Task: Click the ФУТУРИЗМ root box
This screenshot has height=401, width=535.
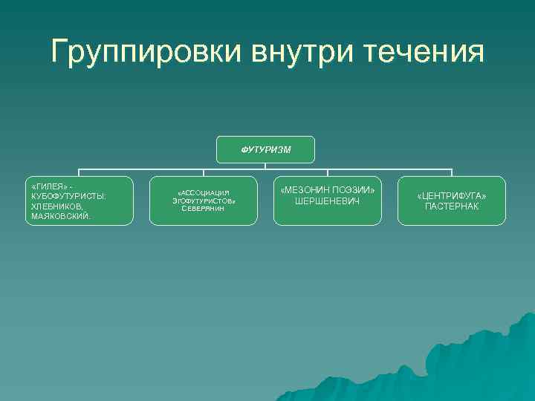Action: click(x=266, y=149)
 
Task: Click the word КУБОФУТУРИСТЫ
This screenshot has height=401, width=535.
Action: click(x=68, y=195)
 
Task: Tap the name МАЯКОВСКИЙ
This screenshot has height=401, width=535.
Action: click(x=60, y=216)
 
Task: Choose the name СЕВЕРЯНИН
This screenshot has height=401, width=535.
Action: click(x=203, y=209)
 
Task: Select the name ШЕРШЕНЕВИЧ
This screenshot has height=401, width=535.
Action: click(x=328, y=201)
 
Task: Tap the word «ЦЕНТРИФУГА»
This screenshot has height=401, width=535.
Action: click(x=452, y=195)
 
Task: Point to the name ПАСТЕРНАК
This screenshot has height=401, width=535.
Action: click(x=452, y=206)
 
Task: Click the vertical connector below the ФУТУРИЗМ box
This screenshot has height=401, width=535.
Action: click(x=266, y=166)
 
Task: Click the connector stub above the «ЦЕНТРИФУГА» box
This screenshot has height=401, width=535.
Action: click(x=452, y=172)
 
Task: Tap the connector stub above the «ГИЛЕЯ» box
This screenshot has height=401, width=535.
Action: click(x=80, y=172)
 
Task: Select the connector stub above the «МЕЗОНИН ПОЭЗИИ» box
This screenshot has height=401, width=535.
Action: click(x=328, y=172)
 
